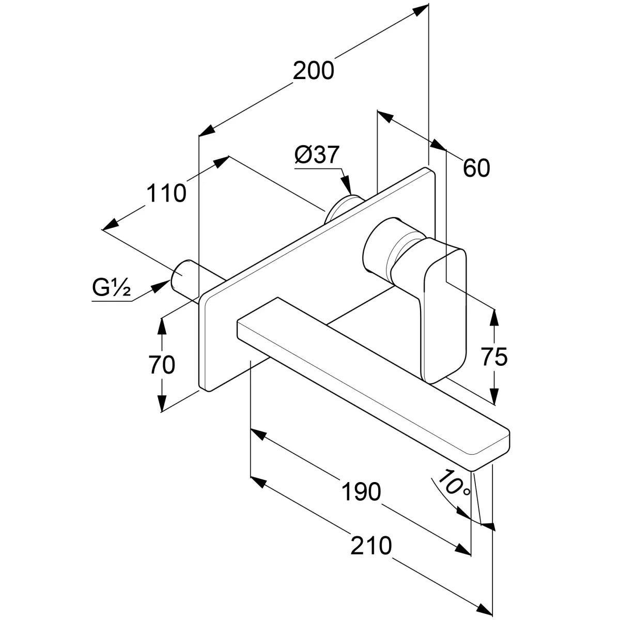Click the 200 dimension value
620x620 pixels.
(x=314, y=71)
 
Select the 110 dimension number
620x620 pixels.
(x=166, y=193)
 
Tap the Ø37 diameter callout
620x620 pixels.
(x=316, y=155)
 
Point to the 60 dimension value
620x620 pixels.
(x=476, y=168)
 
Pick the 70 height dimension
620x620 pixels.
(x=162, y=365)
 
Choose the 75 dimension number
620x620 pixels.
(x=494, y=357)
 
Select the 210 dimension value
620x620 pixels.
(x=371, y=546)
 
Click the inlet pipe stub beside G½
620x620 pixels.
(x=183, y=276)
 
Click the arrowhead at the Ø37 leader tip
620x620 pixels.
(x=348, y=187)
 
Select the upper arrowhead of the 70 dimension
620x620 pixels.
(x=162, y=325)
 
